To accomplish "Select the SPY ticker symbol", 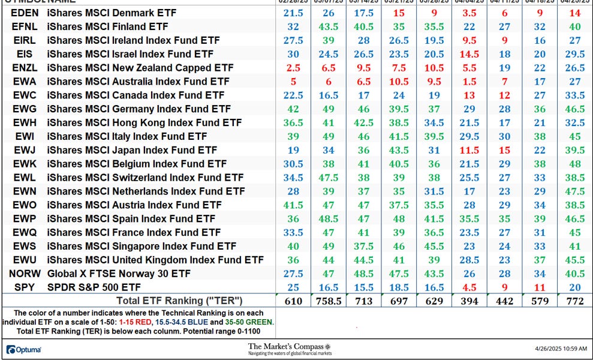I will coord(24,287).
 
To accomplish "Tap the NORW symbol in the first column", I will coord(24,273).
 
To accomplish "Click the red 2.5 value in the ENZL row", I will coord(293,67).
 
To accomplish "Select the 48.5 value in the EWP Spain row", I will coord(329,218).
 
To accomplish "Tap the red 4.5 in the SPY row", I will coord(469,287).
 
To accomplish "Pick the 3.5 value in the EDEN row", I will coord(469,13).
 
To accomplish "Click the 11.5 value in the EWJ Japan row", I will coord(469,150).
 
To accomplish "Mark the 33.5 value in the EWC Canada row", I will coord(575,95).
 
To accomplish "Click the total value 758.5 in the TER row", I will coord(329,301).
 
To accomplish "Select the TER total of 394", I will coord(469,301).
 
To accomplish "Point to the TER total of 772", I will coord(575,301).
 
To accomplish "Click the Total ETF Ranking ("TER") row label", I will coord(174,301).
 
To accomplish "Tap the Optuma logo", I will coord(23,349).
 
